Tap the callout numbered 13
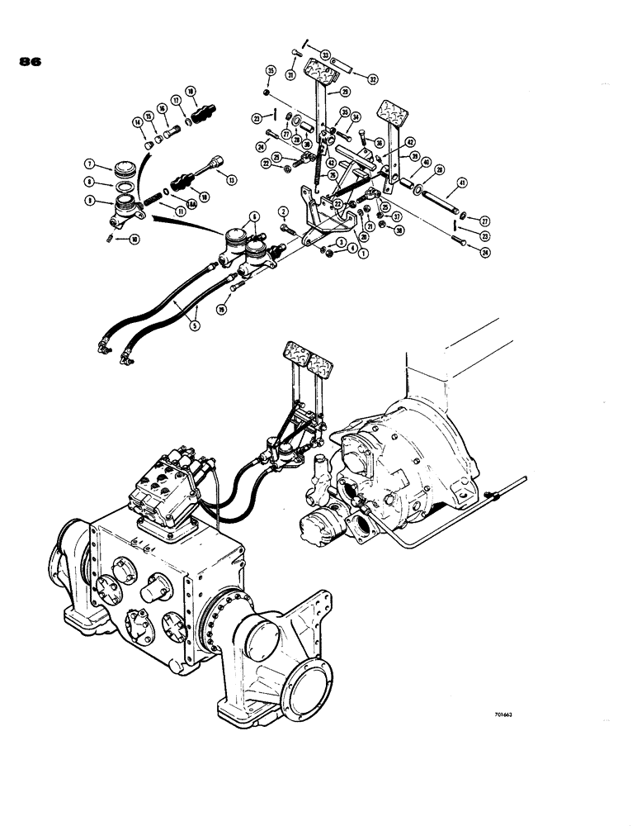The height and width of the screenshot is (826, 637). pyautogui.click(x=232, y=179)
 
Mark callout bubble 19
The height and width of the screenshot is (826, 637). pyautogui.click(x=222, y=308)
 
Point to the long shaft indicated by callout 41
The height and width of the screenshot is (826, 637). pyautogui.click(x=432, y=197)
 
